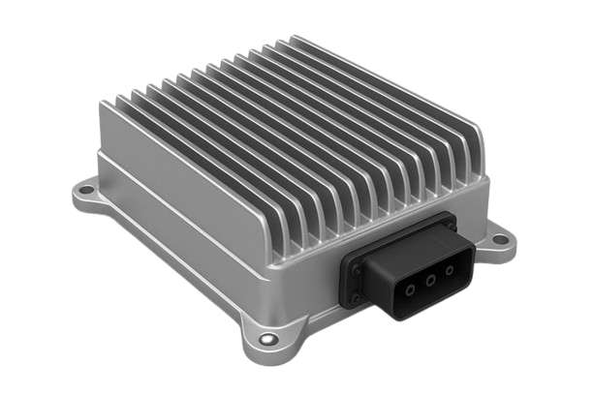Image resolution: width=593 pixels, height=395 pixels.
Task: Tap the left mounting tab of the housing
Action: (87, 194)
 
